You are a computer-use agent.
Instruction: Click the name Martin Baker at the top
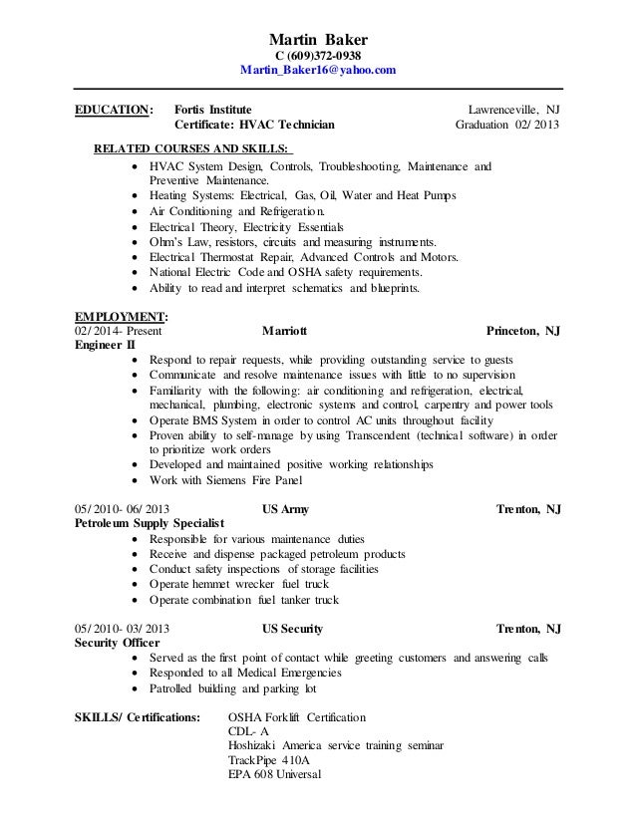pos(318,37)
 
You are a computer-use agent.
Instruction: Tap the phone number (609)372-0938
pos(323,55)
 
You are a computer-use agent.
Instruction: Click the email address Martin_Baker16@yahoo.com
pos(318,71)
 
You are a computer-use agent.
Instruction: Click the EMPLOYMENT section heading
pos(115,317)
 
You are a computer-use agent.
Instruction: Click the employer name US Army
pos(284,509)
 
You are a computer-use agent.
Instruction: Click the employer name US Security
pos(292,630)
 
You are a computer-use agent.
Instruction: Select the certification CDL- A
pos(249,731)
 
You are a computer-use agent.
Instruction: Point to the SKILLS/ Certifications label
pos(138,716)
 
